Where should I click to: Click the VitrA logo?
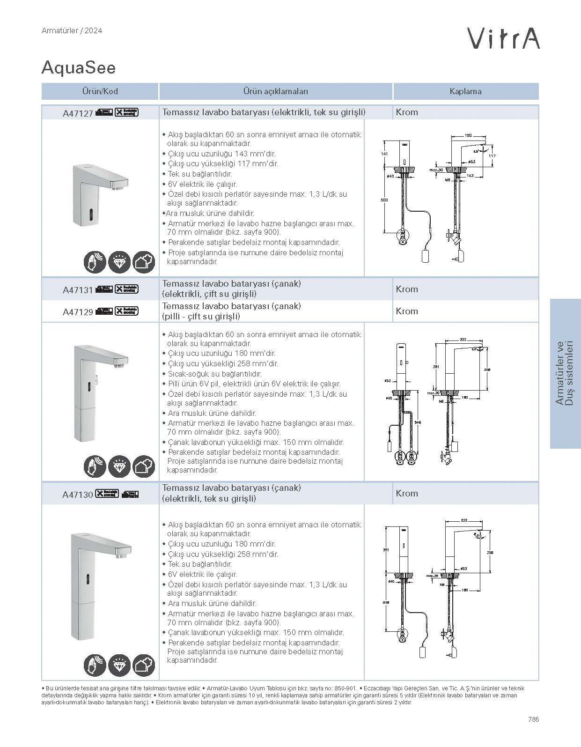click(x=503, y=38)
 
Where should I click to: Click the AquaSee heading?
click(x=78, y=68)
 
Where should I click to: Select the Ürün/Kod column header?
click(x=100, y=91)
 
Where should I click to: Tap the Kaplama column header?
click(x=465, y=91)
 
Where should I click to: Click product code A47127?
click(x=78, y=113)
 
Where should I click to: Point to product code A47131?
click(x=78, y=290)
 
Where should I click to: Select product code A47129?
click(x=78, y=311)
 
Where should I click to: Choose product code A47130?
click(x=78, y=494)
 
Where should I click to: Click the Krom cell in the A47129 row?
click(x=407, y=311)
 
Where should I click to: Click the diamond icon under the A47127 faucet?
click(x=119, y=262)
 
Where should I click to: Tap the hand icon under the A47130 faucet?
click(x=95, y=665)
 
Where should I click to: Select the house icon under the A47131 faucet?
click(x=144, y=466)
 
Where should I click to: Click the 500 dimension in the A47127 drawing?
click(x=384, y=200)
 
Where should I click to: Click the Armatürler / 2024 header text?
click(x=72, y=31)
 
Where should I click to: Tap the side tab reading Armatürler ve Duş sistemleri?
click(x=566, y=373)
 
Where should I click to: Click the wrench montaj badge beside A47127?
click(x=127, y=112)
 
